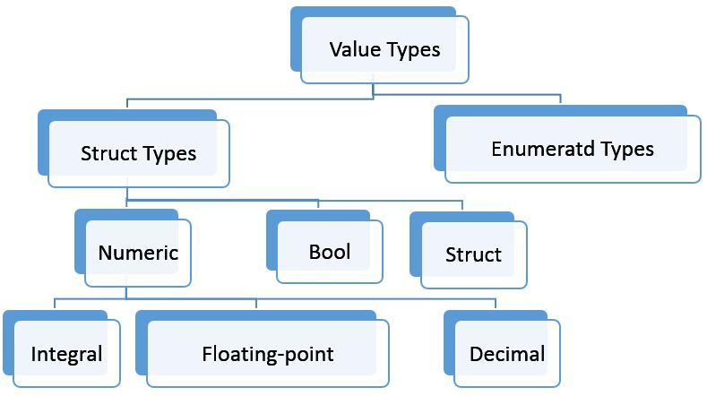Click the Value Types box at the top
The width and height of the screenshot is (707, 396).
385,50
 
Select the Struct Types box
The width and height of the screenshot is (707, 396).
138,153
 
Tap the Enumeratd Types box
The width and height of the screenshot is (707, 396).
573,150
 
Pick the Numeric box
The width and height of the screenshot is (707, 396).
138,253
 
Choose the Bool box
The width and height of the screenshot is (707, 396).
329,252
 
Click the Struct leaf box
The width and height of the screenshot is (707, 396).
473,255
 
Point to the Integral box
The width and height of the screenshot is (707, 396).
66,354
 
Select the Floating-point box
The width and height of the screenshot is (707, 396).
267,354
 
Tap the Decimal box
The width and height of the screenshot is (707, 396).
506,354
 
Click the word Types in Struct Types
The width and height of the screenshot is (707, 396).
168,153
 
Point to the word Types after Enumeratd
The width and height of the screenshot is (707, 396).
627,149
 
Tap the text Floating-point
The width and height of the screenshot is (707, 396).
267,354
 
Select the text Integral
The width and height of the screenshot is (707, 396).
66,354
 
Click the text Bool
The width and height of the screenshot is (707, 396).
329,252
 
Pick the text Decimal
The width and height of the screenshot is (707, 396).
506,354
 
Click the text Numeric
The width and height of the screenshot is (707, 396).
138,253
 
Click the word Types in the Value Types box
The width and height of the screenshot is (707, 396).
413,50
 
